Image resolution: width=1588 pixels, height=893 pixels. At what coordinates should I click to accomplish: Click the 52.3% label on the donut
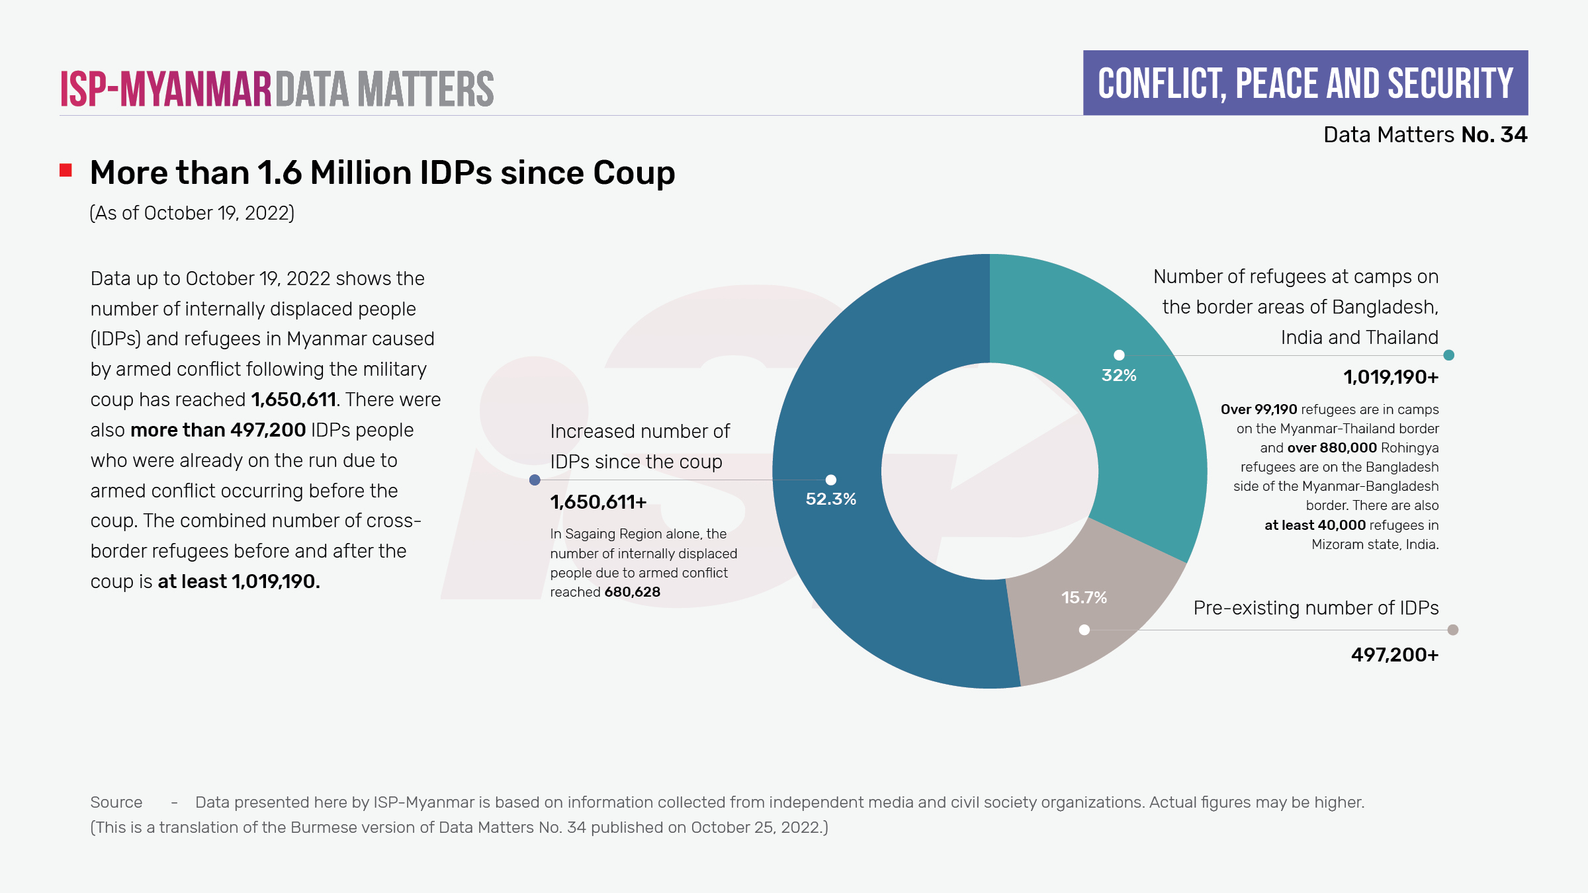coord(830,499)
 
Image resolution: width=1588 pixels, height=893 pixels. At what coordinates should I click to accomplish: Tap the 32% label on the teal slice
coord(1119,375)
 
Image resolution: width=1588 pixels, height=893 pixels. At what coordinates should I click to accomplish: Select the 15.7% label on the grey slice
coord(1084,597)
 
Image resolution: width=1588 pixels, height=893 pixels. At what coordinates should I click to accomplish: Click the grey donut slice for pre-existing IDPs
coord(1098,635)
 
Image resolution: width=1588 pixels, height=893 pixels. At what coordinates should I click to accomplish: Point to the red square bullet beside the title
coord(66,171)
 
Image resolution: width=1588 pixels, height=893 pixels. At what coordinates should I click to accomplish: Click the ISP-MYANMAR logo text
coord(166,89)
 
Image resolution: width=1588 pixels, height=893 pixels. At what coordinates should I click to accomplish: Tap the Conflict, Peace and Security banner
coord(1305,83)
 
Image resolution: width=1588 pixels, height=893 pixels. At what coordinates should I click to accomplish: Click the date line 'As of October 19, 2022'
coord(192,213)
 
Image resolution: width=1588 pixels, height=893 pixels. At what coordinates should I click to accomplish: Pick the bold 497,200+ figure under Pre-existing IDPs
coord(1394,655)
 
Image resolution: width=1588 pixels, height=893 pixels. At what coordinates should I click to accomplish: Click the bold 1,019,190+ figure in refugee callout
coord(1390,377)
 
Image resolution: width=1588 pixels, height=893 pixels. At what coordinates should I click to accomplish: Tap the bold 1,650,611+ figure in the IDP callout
coord(598,502)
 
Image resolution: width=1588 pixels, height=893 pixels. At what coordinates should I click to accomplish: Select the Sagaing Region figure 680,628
coord(632,592)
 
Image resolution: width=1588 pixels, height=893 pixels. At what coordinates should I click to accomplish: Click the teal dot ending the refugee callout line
coord(1448,355)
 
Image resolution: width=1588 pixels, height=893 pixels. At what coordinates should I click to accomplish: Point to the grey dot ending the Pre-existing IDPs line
coord(1452,630)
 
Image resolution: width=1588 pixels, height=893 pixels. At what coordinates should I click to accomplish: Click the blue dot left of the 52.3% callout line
coord(535,480)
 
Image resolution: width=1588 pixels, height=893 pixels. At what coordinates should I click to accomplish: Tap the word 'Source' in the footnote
coord(116,802)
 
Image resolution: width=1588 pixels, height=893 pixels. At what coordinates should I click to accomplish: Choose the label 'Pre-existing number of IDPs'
coord(1315,608)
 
